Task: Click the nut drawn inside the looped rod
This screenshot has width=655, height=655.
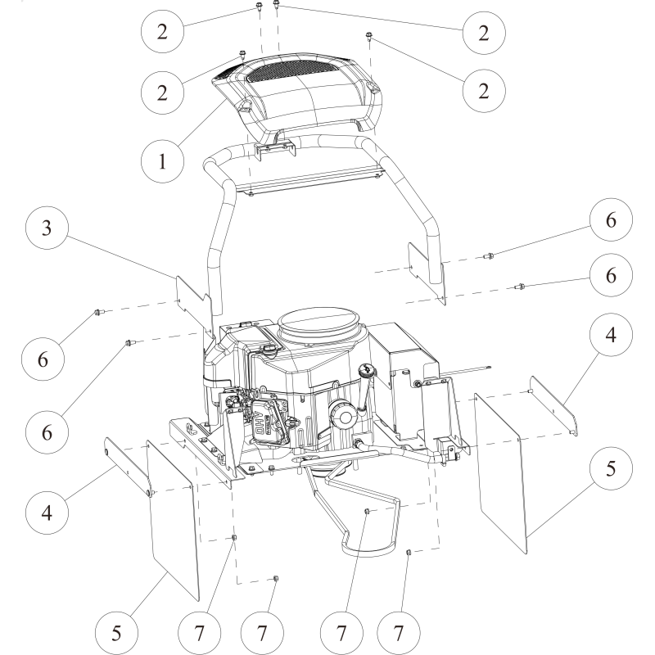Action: (x=368, y=512)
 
